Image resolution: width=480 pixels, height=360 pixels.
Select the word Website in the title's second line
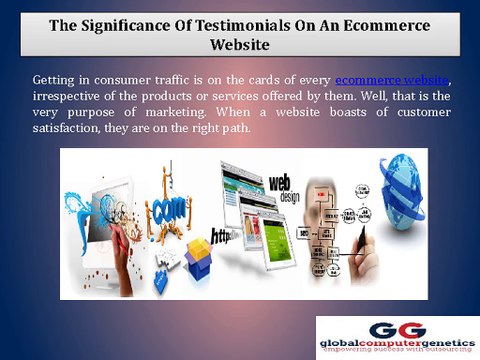(x=239, y=45)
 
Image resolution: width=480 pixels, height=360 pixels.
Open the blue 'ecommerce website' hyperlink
(x=391, y=78)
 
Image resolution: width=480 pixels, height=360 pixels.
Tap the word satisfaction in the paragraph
(x=66, y=131)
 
